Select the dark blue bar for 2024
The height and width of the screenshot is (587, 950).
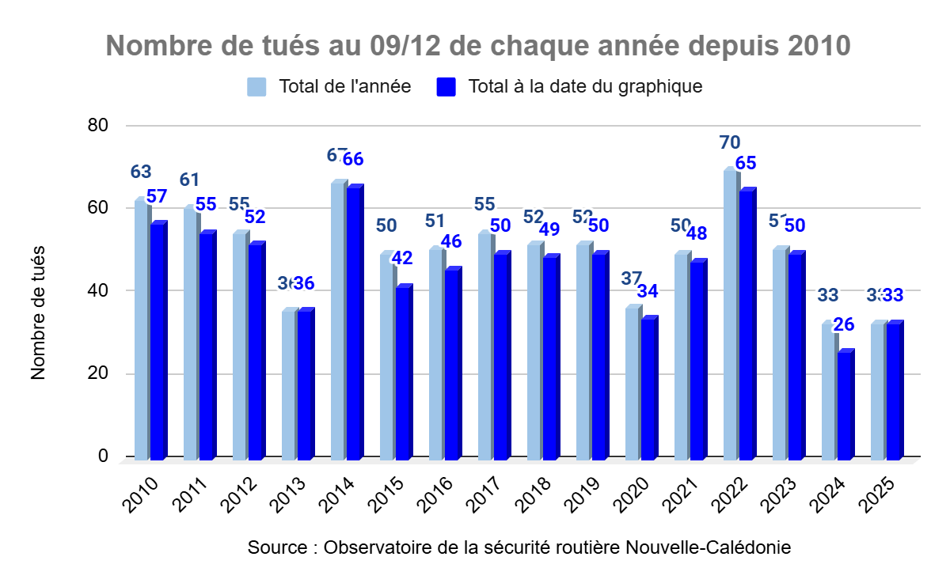(844, 406)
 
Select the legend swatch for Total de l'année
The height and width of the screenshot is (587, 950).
(256, 86)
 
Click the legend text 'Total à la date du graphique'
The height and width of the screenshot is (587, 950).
(585, 86)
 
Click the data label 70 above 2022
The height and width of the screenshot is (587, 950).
(730, 142)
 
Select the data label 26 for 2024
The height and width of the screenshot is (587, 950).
(844, 324)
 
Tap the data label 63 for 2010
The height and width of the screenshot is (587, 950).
(140, 172)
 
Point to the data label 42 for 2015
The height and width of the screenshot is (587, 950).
(402, 258)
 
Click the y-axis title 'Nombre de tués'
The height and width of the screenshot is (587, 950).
(39, 312)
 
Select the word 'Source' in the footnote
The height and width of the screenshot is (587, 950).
(275, 547)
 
